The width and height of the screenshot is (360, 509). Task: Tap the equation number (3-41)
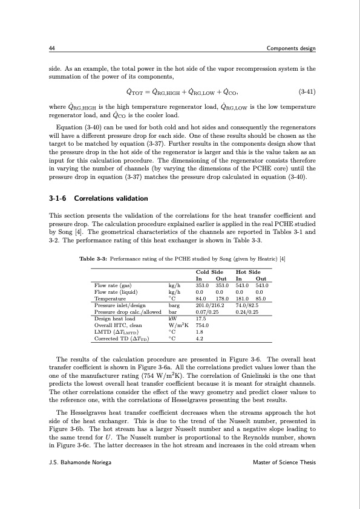tap(307, 92)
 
